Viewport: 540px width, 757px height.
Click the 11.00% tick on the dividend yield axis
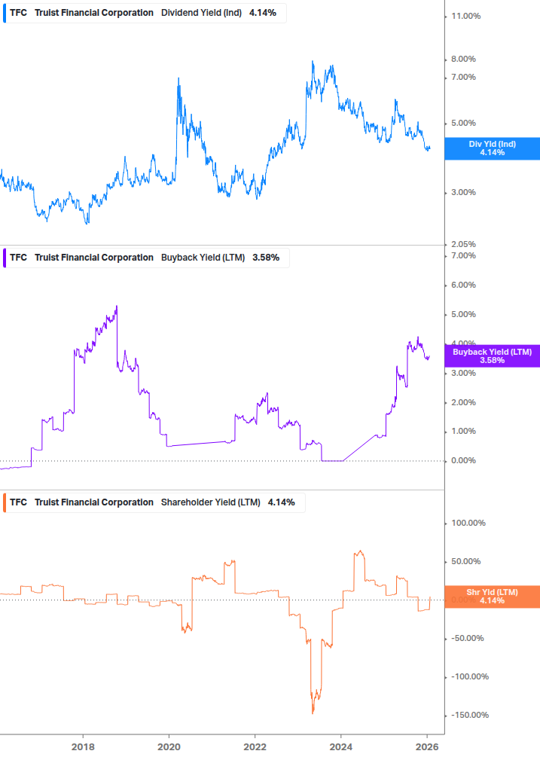tap(465, 16)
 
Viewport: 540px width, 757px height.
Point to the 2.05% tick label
tap(465, 244)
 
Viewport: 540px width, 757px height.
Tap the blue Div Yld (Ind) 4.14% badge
tap(492, 148)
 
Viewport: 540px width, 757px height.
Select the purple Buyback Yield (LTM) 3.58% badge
tap(492, 356)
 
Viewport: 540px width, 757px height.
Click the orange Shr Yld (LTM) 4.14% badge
tap(492, 597)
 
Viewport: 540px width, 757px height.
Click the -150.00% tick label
tap(468, 715)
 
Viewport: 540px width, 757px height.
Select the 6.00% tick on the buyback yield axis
tap(464, 285)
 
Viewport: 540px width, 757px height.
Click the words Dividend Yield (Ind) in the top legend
tap(202, 13)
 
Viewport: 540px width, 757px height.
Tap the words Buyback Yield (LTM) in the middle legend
tap(203, 258)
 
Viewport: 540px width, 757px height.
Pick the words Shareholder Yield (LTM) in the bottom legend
tap(211, 502)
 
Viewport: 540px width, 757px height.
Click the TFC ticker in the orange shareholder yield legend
tap(18, 502)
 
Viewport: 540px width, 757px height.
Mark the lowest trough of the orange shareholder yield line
tap(313, 713)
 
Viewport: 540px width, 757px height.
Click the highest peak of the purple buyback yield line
tap(117, 306)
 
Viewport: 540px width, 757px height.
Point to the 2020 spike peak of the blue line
tap(178, 78)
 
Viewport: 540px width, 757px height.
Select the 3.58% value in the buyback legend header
tap(266, 258)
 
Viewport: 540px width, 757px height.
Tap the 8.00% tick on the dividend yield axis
tap(464, 60)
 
